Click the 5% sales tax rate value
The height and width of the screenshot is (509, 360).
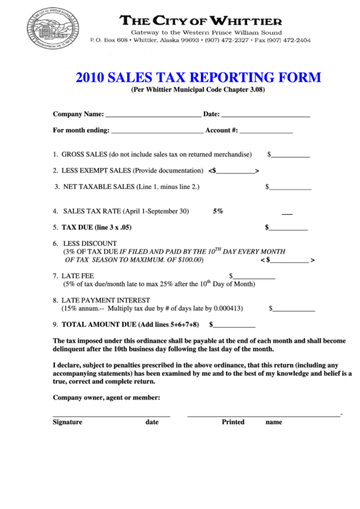pyautogui.click(x=218, y=211)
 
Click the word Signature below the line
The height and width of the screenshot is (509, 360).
pyautogui.click(x=67, y=422)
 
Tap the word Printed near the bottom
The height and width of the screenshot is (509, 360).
pyautogui.click(x=233, y=422)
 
